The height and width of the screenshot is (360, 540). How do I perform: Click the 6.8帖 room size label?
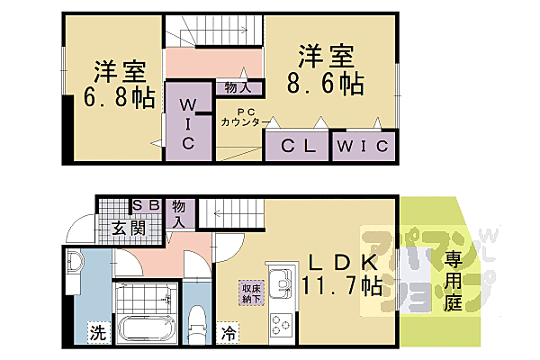click(x=113, y=96)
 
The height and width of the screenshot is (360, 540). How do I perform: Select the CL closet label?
click(x=298, y=146)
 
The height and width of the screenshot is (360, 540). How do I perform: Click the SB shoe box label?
click(x=147, y=205)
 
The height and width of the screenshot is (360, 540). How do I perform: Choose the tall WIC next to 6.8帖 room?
click(x=190, y=125)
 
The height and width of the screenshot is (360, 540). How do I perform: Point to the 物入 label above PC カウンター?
click(x=238, y=88)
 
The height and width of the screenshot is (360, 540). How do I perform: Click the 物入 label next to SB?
click(x=179, y=212)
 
